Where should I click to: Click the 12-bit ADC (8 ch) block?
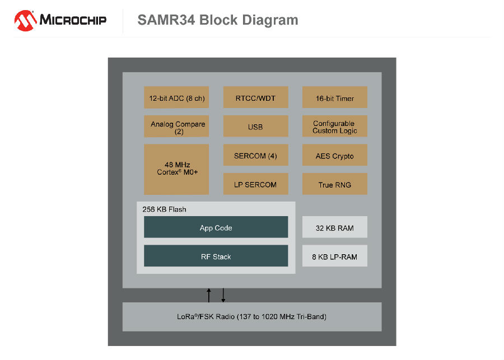[x=176, y=97]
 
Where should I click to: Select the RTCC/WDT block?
[x=255, y=97]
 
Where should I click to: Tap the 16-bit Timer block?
[x=335, y=97]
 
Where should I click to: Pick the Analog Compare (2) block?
[x=176, y=127]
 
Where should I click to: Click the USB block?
[x=255, y=127]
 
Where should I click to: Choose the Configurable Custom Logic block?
[x=335, y=127]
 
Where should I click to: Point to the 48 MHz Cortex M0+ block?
[x=176, y=170]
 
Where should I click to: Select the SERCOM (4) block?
[x=255, y=155]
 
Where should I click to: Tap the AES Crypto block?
[x=335, y=155]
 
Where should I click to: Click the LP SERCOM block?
[x=255, y=184]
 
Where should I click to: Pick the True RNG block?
[x=335, y=184]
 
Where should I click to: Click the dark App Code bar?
[x=216, y=227]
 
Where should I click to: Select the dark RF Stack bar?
[x=216, y=256]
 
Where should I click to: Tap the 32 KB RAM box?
[x=335, y=227]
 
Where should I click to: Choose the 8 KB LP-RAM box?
[x=335, y=256]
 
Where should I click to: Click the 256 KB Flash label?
[x=164, y=209]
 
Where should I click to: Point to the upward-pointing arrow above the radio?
[x=209, y=296]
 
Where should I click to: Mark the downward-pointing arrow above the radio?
[x=223, y=296]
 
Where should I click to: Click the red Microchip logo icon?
[x=25, y=21]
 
